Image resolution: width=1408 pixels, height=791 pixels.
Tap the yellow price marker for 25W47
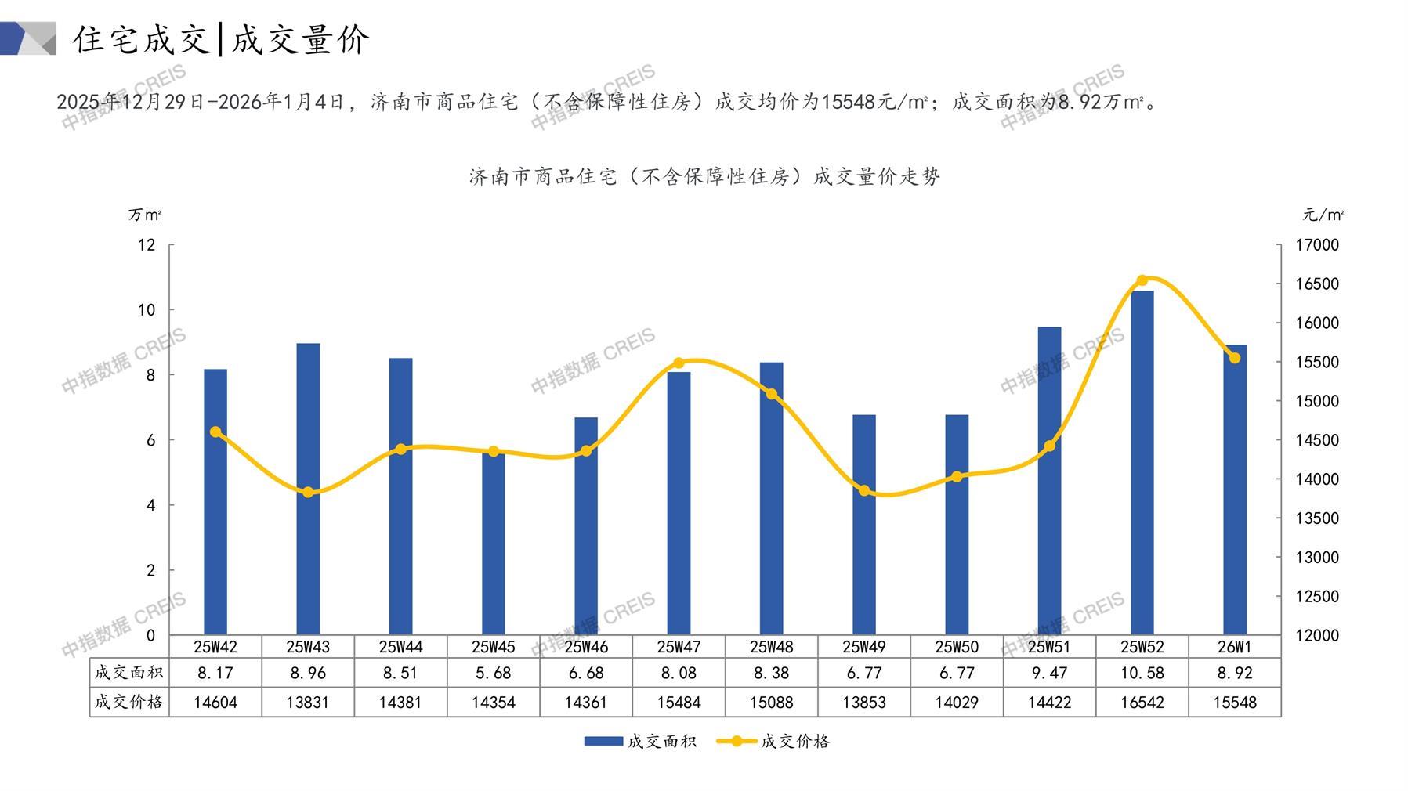click(679, 363)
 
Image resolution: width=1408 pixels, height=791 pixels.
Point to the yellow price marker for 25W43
click(308, 493)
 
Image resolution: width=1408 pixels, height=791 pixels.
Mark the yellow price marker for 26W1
click(1235, 358)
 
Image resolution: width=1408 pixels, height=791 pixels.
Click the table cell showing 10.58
click(1142, 673)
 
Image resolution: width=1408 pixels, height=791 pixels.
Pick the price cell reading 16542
click(1142, 703)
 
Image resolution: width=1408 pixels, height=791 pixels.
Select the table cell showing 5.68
click(494, 673)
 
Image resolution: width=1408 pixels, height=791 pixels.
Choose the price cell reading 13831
click(308, 703)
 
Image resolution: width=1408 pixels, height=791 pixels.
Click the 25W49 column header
click(864, 647)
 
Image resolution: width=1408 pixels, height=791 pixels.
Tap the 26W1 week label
click(1235, 647)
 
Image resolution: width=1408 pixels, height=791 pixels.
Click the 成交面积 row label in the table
click(129, 673)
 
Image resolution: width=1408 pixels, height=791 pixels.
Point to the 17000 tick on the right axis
click(1316, 245)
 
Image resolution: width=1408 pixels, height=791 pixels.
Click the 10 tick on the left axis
click(147, 310)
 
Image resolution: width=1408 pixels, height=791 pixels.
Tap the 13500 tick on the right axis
click(1316, 518)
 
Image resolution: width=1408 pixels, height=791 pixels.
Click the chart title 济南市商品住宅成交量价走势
click(704, 177)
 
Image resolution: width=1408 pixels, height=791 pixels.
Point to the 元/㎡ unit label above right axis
click(1323, 215)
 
